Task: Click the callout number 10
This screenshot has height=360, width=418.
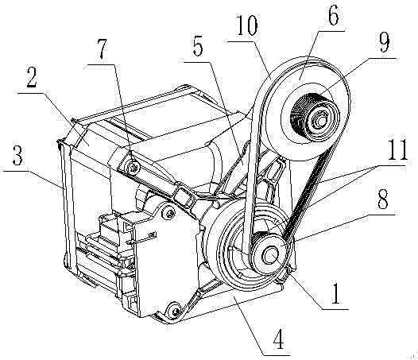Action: tap(247, 26)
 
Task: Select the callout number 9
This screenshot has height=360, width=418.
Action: tap(384, 42)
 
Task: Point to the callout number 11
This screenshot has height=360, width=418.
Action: tap(397, 150)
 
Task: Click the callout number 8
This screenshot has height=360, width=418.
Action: tap(383, 199)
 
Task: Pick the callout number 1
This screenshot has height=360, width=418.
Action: tap(335, 294)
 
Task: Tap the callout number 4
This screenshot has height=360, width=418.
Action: tap(279, 339)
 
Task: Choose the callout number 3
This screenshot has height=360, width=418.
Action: tap(17, 156)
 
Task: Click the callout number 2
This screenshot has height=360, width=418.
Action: tap(32, 78)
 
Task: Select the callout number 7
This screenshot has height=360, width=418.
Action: tap(103, 49)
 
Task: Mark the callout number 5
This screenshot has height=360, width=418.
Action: tap(198, 47)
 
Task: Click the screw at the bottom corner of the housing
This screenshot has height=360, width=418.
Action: tap(175, 312)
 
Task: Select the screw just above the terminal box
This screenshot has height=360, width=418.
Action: tap(170, 212)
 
